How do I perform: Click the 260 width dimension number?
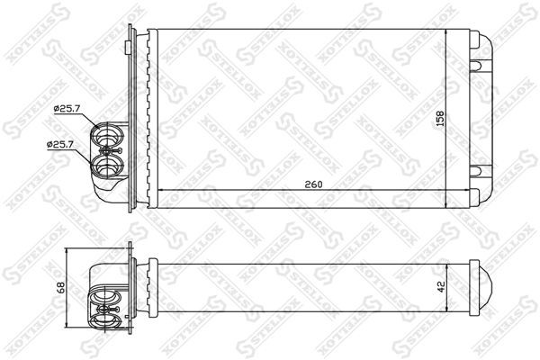tap(313, 184)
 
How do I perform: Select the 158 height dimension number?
tap(440, 119)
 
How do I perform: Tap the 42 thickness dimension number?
tap(442, 286)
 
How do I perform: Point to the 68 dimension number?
tap(61, 287)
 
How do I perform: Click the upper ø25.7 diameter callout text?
tap(67, 109)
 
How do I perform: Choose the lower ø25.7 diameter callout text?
tap(60, 144)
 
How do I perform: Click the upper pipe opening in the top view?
tap(108, 135)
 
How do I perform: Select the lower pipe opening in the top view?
tap(107, 166)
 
